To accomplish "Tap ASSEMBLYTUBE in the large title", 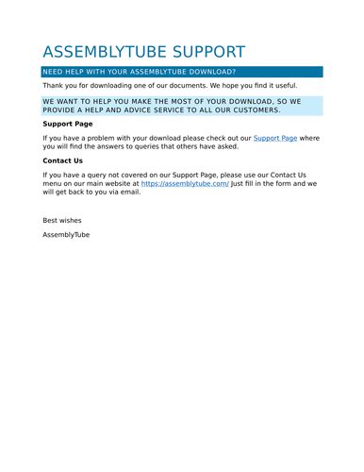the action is click(101, 52).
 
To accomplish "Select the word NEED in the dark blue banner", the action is click(55, 72).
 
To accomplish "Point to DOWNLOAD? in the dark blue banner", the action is click(209, 72).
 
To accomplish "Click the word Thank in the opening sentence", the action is click(53, 85).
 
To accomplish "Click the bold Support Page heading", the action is click(68, 124).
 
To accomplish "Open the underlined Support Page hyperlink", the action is click(275, 138).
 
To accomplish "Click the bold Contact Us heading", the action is click(62, 160).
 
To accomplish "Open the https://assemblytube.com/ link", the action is click(185, 183).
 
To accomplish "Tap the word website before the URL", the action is click(122, 183).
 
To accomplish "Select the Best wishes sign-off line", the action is click(62, 220).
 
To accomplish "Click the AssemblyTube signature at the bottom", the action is click(66, 234).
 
